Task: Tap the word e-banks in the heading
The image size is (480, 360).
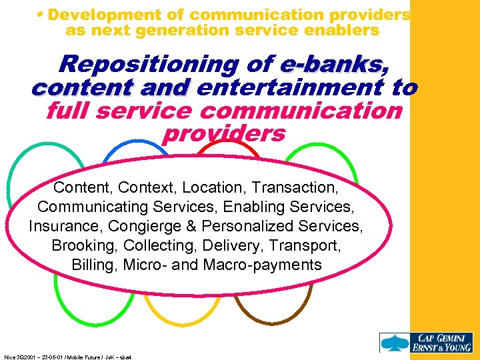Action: [x=331, y=65]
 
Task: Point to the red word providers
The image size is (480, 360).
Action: [x=223, y=133]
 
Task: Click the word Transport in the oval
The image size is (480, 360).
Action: [x=306, y=245]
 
